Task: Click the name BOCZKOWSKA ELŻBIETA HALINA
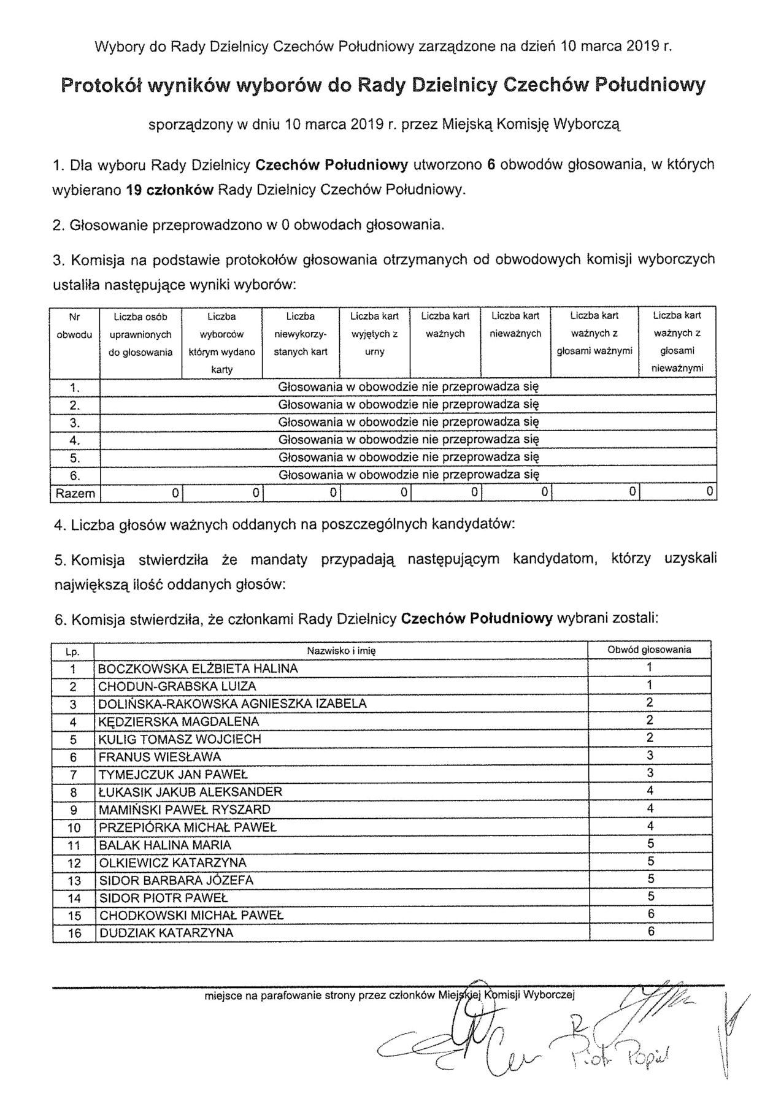198,669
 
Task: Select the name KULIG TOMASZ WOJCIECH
180,739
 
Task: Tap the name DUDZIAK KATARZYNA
166,933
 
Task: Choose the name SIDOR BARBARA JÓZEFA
176,880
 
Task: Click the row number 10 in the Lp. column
74,828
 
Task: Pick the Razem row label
75,493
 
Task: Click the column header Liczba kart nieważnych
515,324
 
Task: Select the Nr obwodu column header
74,326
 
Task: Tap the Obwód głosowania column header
649,650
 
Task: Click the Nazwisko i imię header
341,651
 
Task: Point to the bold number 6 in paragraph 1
491,165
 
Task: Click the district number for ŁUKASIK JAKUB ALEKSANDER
650,791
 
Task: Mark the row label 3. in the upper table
75,423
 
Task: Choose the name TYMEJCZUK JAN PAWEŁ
173,775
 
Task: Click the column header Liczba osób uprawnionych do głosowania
140,334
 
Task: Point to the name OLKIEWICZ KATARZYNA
172,863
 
